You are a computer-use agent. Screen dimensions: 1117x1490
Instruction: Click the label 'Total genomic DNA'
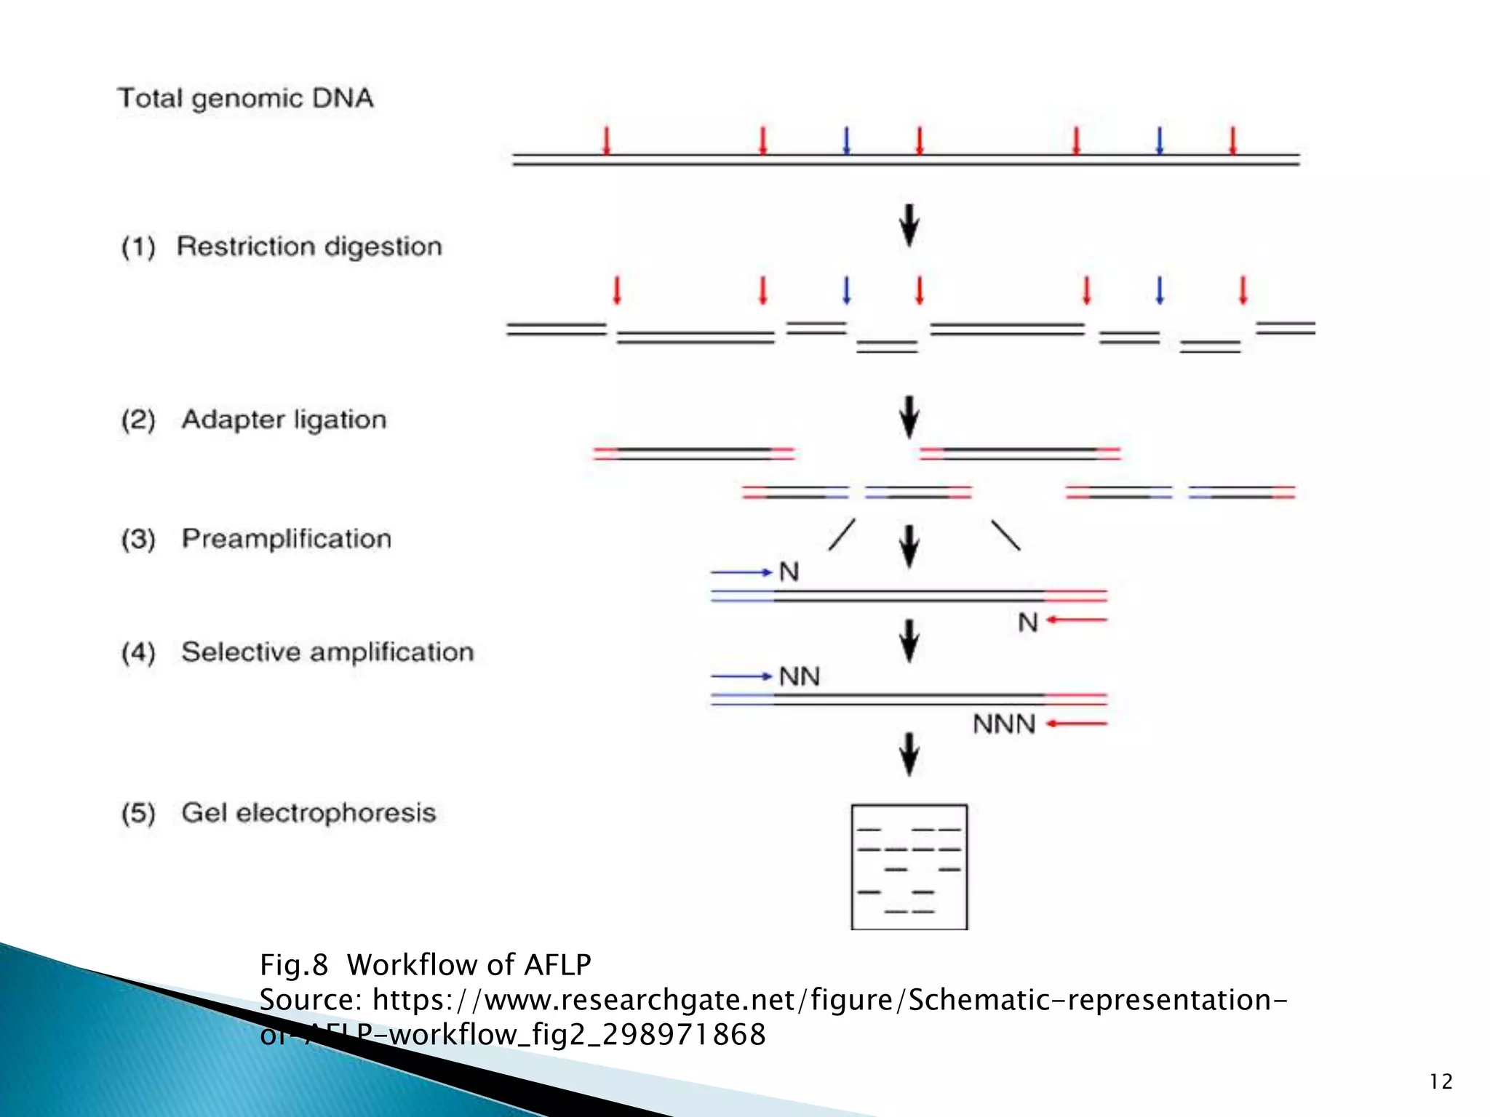(x=245, y=98)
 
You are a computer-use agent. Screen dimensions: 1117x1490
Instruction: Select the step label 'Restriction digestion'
(x=309, y=247)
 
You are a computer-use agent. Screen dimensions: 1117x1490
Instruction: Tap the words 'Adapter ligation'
(x=284, y=420)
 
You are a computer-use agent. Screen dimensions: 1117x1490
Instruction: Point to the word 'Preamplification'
(x=287, y=539)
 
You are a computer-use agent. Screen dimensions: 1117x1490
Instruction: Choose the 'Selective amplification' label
(x=327, y=652)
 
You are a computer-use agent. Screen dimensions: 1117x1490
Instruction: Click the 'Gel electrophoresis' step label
(x=308, y=813)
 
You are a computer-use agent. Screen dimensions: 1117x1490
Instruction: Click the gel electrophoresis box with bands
(x=909, y=867)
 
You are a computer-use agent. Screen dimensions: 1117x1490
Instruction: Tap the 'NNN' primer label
(x=1004, y=724)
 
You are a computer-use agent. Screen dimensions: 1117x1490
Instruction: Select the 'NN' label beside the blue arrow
(x=800, y=677)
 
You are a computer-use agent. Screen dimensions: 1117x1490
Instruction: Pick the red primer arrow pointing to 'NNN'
(x=1077, y=724)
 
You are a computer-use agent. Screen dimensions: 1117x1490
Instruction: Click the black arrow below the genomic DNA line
(x=909, y=225)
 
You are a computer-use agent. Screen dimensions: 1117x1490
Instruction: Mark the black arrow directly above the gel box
(x=909, y=754)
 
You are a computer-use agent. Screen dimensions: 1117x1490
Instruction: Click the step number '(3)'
(x=138, y=540)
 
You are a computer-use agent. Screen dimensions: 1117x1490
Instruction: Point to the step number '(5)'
(x=138, y=813)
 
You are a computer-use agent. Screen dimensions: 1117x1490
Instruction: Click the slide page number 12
(x=1441, y=1082)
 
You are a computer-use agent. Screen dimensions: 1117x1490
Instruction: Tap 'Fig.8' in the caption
(x=294, y=965)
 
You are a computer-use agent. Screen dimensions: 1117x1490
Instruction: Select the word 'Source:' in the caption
(x=311, y=1000)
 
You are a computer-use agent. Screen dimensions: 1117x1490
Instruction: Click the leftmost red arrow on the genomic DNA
(x=606, y=140)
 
